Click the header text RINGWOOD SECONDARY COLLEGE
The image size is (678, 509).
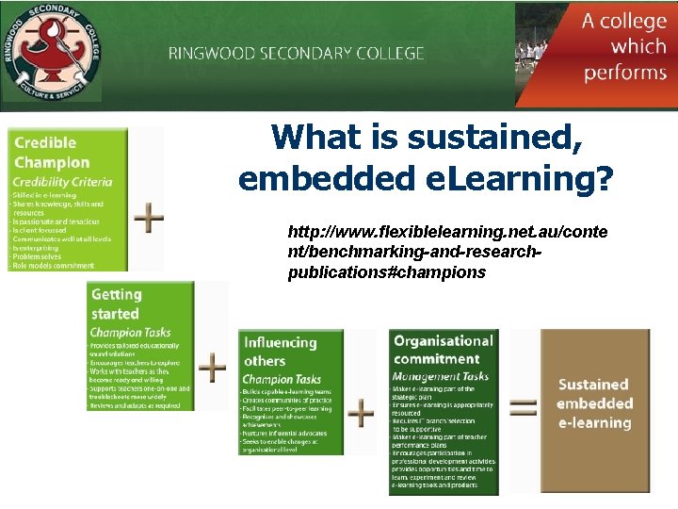pos(297,54)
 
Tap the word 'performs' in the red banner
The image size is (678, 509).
pos(624,73)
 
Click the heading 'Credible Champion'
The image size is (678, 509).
pos(53,153)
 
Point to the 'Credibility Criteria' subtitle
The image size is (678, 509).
pos(63,182)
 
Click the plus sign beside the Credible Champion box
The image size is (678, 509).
pos(148,219)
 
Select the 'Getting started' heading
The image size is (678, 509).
pos(116,304)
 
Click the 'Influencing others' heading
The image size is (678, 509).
pos(281,352)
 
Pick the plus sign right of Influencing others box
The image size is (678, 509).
pos(362,412)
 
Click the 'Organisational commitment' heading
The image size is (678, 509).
pos(443,350)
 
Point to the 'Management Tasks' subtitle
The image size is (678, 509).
pos(441,376)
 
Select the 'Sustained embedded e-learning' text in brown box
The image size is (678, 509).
pos(594,403)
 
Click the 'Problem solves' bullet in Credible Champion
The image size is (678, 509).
pos(38,256)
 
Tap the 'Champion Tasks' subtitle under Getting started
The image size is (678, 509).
pos(129,332)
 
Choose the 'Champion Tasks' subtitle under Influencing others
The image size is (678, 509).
pos(282,379)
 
